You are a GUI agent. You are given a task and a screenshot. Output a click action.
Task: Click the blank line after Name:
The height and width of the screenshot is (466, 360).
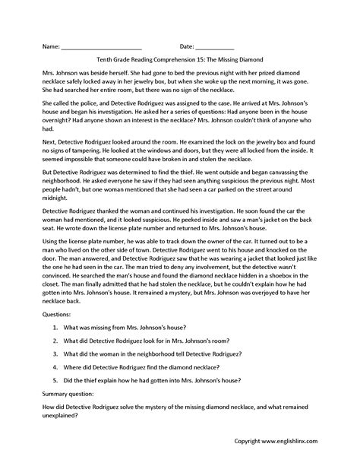click(x=102, y=46)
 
